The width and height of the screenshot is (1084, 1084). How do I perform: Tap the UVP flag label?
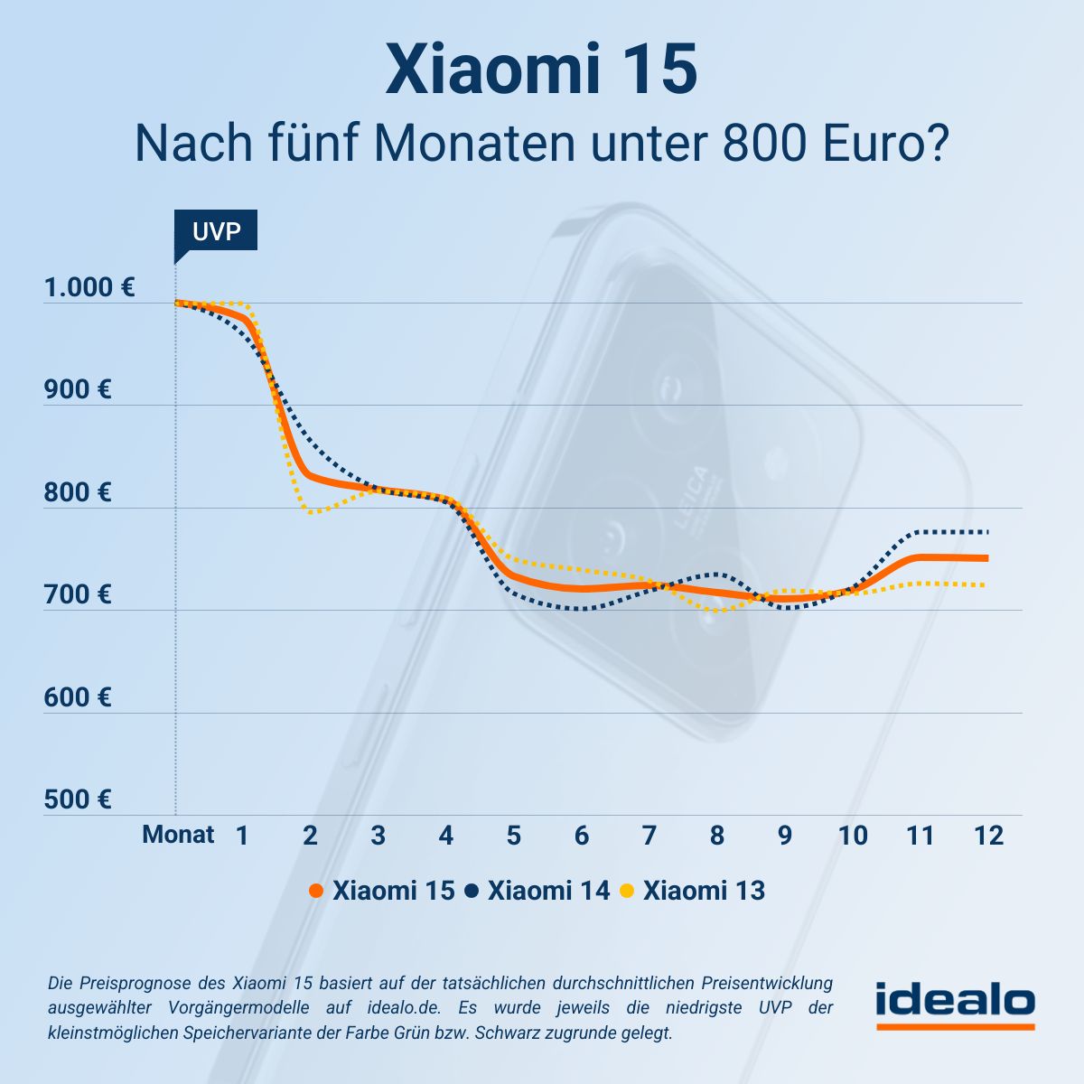pos(217,231)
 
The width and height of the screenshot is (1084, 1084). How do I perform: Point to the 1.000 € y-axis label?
pos(89,288)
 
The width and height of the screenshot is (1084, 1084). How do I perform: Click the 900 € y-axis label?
pos(78,390)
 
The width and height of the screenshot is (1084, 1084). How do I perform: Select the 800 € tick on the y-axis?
pos(78,493)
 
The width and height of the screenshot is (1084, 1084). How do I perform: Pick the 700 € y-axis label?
pos(78,595)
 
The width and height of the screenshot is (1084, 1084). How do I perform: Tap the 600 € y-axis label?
pos(78,698)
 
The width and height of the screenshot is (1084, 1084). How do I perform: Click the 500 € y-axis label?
pos(78,800)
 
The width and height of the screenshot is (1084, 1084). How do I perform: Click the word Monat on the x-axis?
pos(178,835)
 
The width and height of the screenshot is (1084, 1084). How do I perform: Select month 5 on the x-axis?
pos(513,836)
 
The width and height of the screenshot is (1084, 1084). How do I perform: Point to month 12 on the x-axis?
pos(988,836)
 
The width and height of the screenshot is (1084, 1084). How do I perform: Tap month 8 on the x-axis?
pos(716,836)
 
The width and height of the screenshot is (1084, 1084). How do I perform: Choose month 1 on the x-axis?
pos(242,836)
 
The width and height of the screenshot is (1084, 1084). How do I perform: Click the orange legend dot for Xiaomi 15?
pos(316,892)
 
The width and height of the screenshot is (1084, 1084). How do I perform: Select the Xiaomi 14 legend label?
pos(548,891)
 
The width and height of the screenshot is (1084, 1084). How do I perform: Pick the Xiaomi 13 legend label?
pos(704,891)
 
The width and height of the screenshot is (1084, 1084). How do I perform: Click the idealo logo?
pos(955,1004)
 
